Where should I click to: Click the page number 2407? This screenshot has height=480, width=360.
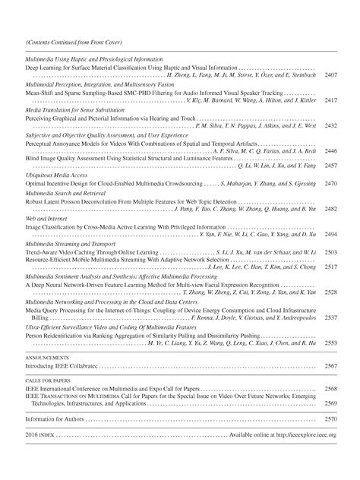[x=330, y=75]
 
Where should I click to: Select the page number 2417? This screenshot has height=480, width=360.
[x=330, y=99]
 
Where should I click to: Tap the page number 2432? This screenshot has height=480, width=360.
[x=330, y=125]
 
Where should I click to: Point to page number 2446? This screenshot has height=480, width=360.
[x=330, y=150]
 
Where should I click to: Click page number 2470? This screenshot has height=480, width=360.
[x=330, y=183]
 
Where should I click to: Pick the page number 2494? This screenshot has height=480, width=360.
[x=330, y=234]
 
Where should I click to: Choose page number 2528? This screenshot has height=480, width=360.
[x=330, y=292]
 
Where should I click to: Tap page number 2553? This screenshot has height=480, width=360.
[x=330, y=343]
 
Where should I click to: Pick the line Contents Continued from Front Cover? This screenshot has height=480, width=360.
[x=74, y=42]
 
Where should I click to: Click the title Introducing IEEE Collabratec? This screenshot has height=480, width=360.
[x=62, y=365]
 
